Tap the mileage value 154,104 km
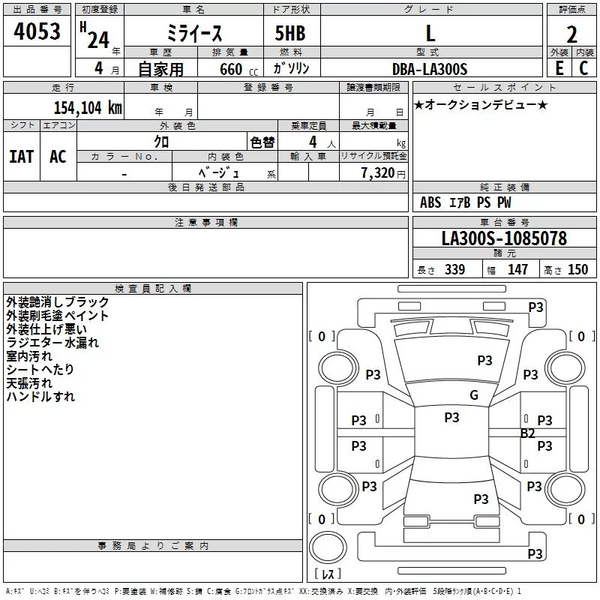point(88,107)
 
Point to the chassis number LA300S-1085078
point(504,239)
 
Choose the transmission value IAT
point(21,157)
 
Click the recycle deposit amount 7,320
point(378,172)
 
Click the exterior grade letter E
point(559,68)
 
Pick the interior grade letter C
point(583,68)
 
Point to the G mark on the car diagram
point(473,395)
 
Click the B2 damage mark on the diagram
point(528,433)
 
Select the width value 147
point(517,270)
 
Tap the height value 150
point(578,270)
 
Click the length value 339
point(454,270)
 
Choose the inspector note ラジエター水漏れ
point(52,343)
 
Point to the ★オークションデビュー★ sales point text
point(481,104)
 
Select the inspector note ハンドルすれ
point(40,397)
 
